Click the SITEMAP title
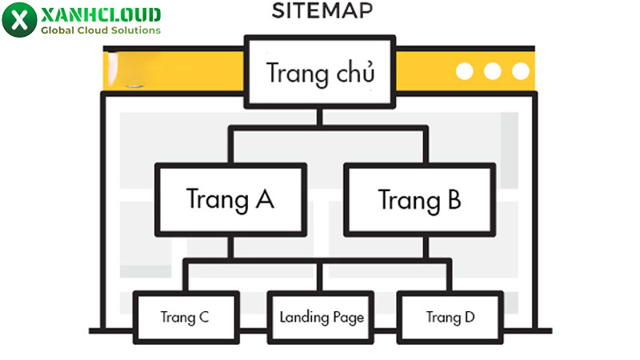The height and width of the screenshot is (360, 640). pyautogui.click(x=321, y=11)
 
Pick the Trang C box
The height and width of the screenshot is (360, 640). pyautogui.click(x=185, y=317)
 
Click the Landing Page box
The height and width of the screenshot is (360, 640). pyautogui.click(x=322, y=317)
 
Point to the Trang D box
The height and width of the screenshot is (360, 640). pyautogui.click(x=450, y=317)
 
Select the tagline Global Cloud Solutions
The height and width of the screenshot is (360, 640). pyautogui.click(x=100, y=31)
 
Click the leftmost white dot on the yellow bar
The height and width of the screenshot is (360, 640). pyautogui.click(x=465, y=71)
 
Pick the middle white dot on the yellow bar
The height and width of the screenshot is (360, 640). pyautogui.click(x=493, y=71)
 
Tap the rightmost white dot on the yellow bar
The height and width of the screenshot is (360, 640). pyautogui.click(x=521, y=71)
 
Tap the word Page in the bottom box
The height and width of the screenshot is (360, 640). pyautogui.click(x=348, y=318)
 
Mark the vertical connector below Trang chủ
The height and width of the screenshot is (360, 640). pyautogui.click(x=320, y=117)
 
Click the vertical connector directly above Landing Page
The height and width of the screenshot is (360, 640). pyautogui.click(x=320, y=276)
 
